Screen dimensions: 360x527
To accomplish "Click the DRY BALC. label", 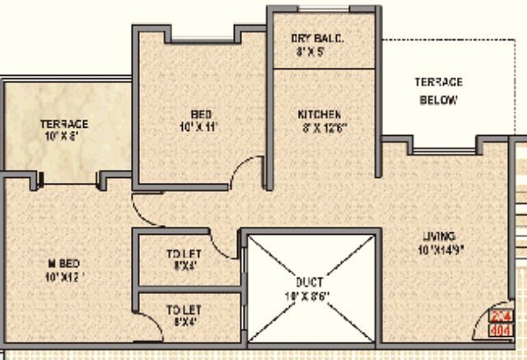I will tap(317, 39).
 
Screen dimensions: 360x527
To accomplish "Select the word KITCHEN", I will tap(319, 114).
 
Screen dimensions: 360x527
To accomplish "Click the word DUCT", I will tap(312, 282).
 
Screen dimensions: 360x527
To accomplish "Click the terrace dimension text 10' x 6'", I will tap(64, 137).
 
